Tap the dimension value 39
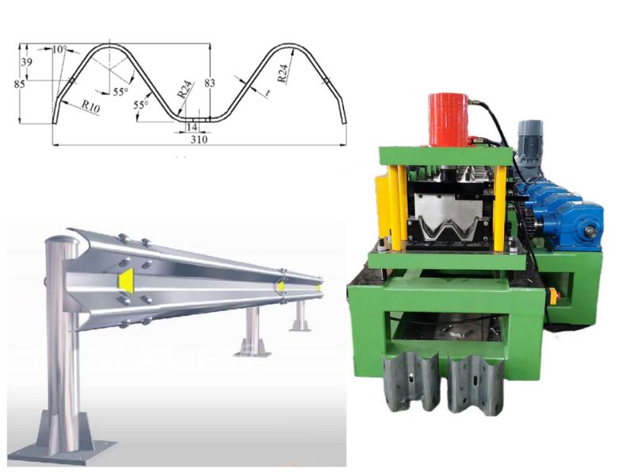point(27,62)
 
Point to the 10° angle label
point(59,49)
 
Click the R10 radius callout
point(90,106)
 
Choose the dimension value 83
point(210,82)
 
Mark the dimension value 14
point(191,126)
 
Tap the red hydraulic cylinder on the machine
point(449,119)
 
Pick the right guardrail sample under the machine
point(475,381)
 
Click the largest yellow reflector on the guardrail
point(125,278)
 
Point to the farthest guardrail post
point(300,313)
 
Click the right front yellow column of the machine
point(498,208)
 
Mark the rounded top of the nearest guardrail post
point(59,240)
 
